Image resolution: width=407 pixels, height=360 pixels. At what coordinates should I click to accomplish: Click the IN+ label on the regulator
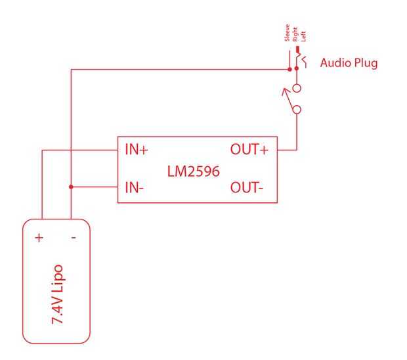tap(136, 150)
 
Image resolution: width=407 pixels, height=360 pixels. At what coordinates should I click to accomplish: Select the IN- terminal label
tap(135, 188)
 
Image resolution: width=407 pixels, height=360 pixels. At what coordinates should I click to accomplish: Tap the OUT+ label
tap(249, 150)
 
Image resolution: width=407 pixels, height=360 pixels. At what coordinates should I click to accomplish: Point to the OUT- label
tap(247, 188)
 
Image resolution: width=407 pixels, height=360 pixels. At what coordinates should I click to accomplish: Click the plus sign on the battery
tap(39, 237)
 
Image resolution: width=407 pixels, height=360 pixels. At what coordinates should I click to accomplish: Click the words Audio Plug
tap(349, 64)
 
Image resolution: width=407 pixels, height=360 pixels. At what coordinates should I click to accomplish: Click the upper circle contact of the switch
tap(297, 88)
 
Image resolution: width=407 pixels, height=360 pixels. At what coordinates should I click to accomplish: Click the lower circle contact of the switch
tap(297, 110)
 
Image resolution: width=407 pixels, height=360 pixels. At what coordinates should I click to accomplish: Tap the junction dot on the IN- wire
tap(70, 187)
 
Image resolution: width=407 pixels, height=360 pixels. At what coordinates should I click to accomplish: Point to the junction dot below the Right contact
tap(297, 67)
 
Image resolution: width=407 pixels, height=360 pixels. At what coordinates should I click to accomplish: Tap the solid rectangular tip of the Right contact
tap(297, 50)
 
